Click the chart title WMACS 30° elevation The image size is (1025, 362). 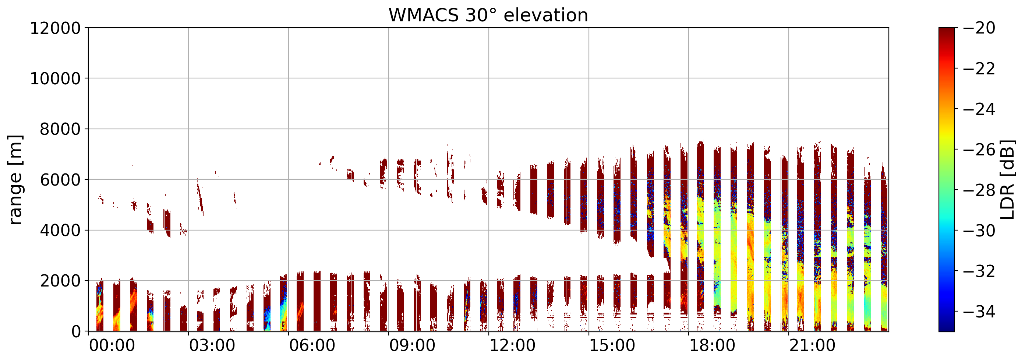488,15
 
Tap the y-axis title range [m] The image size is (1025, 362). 15,180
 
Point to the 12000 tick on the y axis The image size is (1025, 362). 55,28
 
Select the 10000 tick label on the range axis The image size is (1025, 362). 55,79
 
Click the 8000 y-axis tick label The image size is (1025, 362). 60,129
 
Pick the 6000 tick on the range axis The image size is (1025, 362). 60,180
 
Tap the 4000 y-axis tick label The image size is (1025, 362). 60,231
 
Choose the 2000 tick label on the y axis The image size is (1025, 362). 60,281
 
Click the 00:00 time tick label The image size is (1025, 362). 112,346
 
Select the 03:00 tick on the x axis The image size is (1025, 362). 212,346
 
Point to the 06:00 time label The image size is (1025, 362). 312,346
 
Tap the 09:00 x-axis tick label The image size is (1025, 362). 412,346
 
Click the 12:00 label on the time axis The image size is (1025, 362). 512,346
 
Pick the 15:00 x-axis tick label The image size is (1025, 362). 612,346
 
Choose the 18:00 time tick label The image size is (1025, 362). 712,346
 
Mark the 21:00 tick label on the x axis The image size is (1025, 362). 813,346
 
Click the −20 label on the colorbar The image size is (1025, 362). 979,28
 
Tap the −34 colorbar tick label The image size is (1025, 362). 979,312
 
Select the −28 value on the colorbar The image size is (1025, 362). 979,190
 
